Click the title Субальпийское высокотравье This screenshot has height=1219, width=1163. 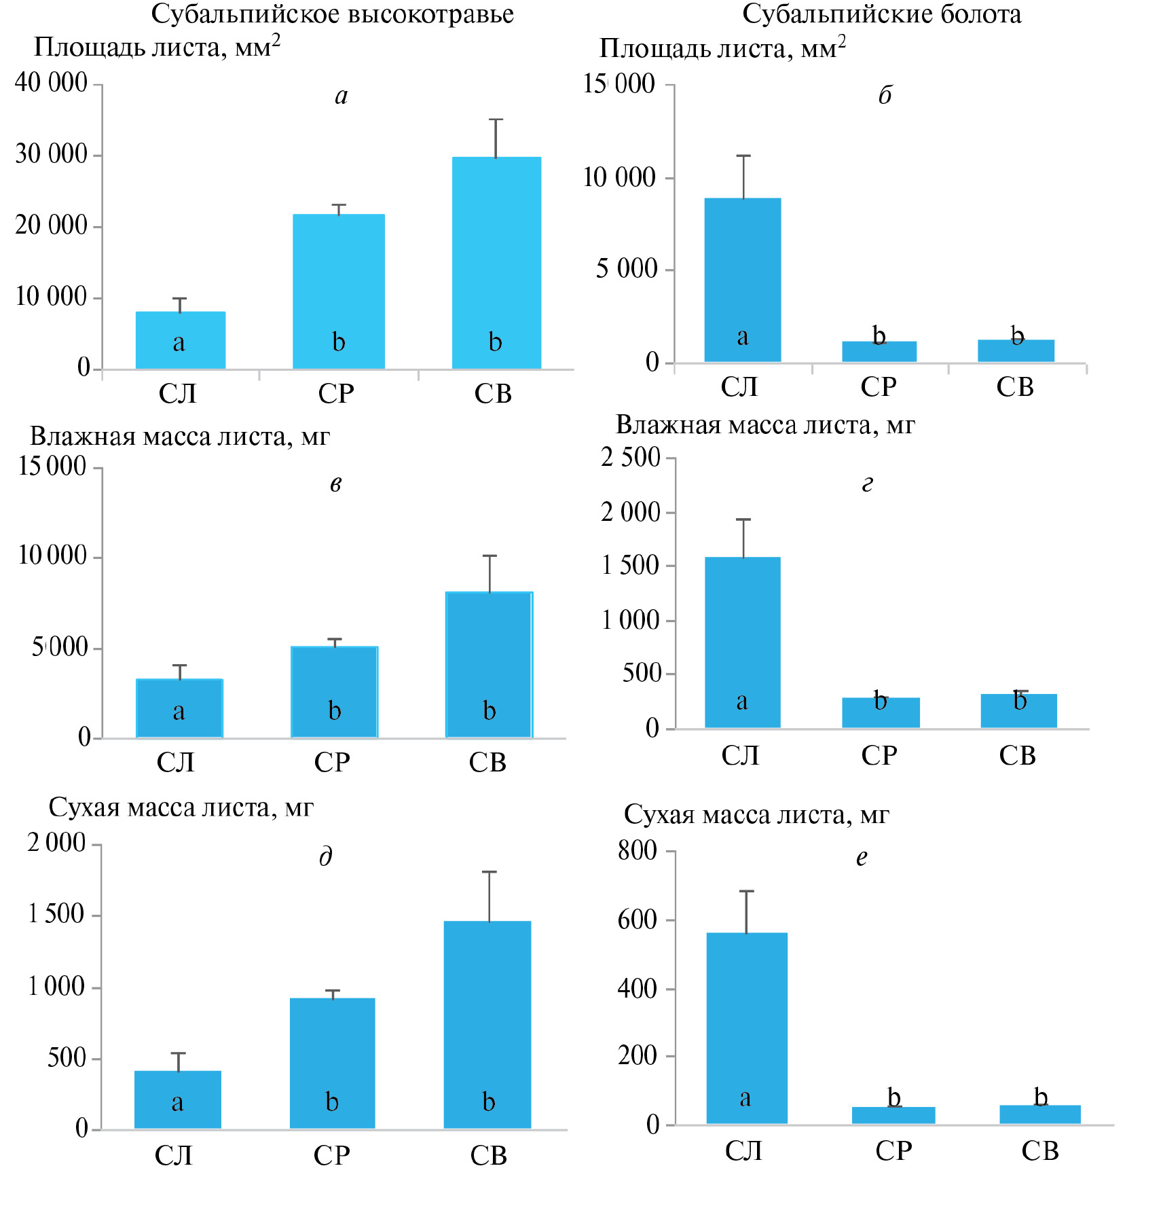click(332, 14)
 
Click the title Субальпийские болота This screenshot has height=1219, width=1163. click(881, 14)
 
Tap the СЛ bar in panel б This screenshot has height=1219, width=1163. click(742, 279)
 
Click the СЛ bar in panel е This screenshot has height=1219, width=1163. click(746, 1028)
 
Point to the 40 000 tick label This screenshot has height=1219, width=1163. click(52, 82)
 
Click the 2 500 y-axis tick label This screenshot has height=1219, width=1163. click(631, 457)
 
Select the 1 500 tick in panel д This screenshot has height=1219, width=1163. click(56, 914)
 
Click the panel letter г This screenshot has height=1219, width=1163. click(867, 484)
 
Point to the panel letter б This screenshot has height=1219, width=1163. click(885, 95)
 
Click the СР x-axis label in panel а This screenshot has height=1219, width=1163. click(336, 394)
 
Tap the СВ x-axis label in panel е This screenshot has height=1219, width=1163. click(1039, 1150)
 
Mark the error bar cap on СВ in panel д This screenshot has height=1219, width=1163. click(489, 872)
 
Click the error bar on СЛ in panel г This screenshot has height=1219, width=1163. click(744, 538)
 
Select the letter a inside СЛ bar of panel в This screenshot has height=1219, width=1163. click(179, 711)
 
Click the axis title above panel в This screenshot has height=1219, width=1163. click(179, 437)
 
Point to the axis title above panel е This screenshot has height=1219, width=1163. click(756, 814)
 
